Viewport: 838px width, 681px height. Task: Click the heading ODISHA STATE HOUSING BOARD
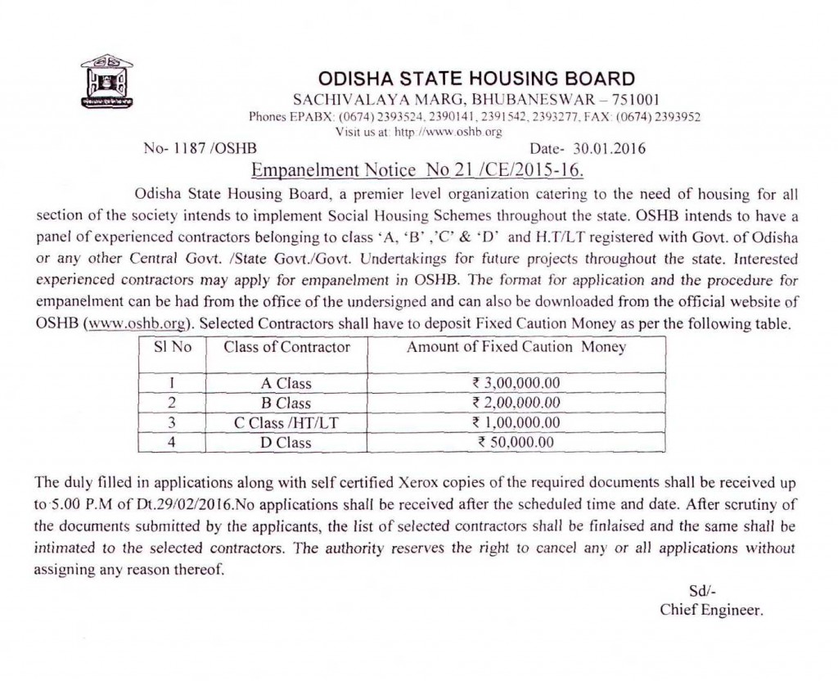click(x=475, y=79)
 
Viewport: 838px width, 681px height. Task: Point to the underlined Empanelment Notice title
click(x=419, y=170)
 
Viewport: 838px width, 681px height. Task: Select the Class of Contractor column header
click(x=286, y=347)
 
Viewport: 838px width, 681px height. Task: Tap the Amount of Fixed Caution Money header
click(x=516, y=347)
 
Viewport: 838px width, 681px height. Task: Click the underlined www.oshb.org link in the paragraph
click(x=138, y=322)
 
